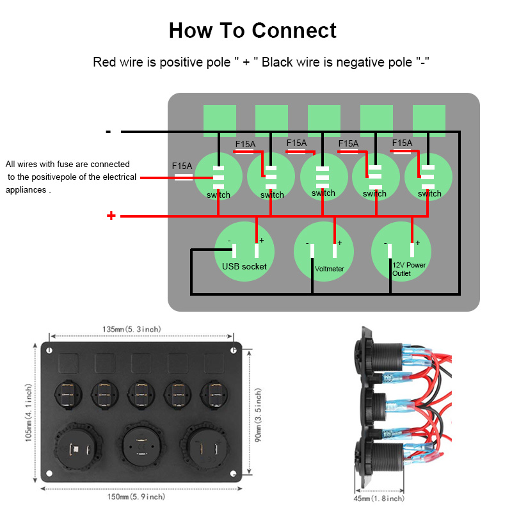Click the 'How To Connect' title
pyautogui.click(x=252, y=30)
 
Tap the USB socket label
pyautogui.click(x=244, y=266)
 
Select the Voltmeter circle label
pyautogui.click(x=330, y=269)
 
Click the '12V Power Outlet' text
pyautogui.click(x=409, y=269)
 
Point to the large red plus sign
pyautogui.click(x=111, y=216)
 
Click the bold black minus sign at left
pyautogui.click(x=109, y=132)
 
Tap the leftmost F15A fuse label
pyautogui.click(x=182, y=166)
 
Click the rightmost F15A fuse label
pyautogui.click(x=402, y=143)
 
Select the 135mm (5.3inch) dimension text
pyautogui.click(x=132, y=329)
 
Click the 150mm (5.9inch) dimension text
pyautogui.click(x=136, y=497)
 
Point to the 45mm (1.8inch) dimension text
pyautogui.click(x=379, y=498)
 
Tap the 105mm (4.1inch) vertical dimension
pyautogui.click(x=29, y=413)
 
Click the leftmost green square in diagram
pyautogui.click(x=220, y=120)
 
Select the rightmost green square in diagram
pyautogui.click(x=429, y=120)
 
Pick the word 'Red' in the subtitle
pyautogui.click(x=104, y=62)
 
